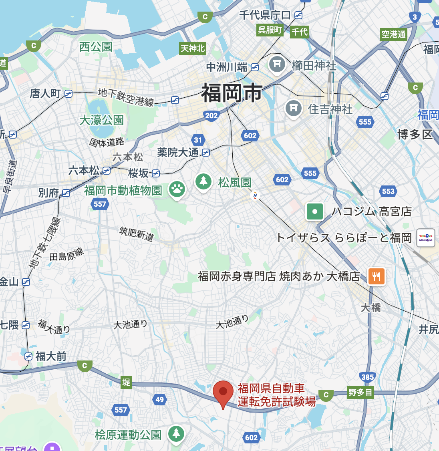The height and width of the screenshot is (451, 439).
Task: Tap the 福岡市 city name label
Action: (232, 93)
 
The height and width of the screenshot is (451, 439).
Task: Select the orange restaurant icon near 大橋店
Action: (376, 276)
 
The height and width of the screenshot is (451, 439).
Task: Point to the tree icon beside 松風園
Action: (203, 181)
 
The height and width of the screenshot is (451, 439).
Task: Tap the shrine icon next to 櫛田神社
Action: (277, 64)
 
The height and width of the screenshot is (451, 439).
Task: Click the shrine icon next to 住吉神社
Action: (293, 108)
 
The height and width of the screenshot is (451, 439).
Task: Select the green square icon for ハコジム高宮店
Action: (315, 211)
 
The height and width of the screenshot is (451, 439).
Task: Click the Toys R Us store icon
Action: (426, 238)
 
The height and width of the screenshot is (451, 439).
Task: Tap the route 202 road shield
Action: (211, 116)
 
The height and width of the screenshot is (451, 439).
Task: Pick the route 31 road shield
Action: (198, 140)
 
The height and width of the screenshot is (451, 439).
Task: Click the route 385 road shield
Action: (367, 377)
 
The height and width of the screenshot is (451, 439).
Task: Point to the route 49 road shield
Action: (160, 399)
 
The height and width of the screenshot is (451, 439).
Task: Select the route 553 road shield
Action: (388, 191)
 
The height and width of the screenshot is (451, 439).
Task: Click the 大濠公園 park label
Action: (101, 120)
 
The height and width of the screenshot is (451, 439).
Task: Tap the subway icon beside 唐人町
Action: (68, 94)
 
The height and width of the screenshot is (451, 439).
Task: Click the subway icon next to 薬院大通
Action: (206, 152)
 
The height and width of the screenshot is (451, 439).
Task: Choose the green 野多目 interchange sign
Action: (360, 393)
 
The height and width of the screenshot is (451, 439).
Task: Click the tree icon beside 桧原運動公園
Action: (176, 433)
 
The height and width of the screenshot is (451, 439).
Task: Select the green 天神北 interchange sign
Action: (193, 48)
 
